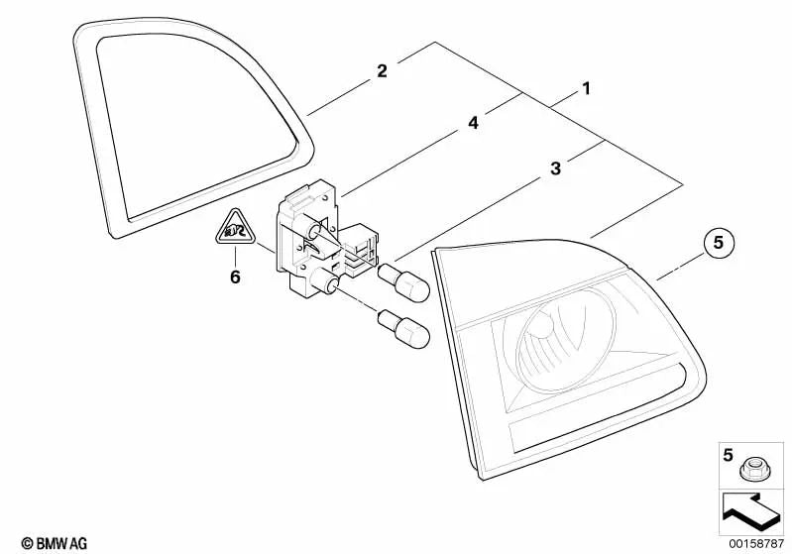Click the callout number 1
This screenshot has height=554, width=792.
[x=586, y=89]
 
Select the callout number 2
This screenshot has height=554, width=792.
[x=382, y=70]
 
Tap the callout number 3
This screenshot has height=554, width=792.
[x=556, y=168]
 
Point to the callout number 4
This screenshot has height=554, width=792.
[x=473, y=123]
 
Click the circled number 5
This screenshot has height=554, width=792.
[x=718, y=243]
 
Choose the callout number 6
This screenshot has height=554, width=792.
[x=235, y=277]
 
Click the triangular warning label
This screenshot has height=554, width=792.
[x=235, y=228]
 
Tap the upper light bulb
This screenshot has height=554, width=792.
[x=404, y=282]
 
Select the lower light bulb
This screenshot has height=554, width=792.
[x=404, y=330]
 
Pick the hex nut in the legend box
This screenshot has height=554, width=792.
[x=754, y=469]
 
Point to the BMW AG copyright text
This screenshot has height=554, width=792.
[x=55, y=543]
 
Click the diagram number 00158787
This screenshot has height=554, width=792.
[x=756, y=543]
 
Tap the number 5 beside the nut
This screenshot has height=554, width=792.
[x=728, y=455]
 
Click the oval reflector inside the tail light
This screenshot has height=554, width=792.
[x=566, y=341]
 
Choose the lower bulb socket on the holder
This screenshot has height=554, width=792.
[x=326, y=280]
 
